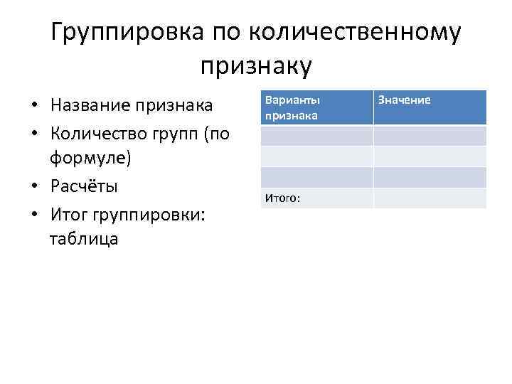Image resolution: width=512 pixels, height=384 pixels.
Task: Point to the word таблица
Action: click(84, 238)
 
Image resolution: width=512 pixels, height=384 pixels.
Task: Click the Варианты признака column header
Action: click(292, 107)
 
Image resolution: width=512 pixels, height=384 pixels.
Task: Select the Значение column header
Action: click(404, 100)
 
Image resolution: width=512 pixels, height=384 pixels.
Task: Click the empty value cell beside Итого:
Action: click(430, 198)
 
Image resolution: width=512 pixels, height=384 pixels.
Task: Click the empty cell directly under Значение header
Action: click(430, 135)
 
